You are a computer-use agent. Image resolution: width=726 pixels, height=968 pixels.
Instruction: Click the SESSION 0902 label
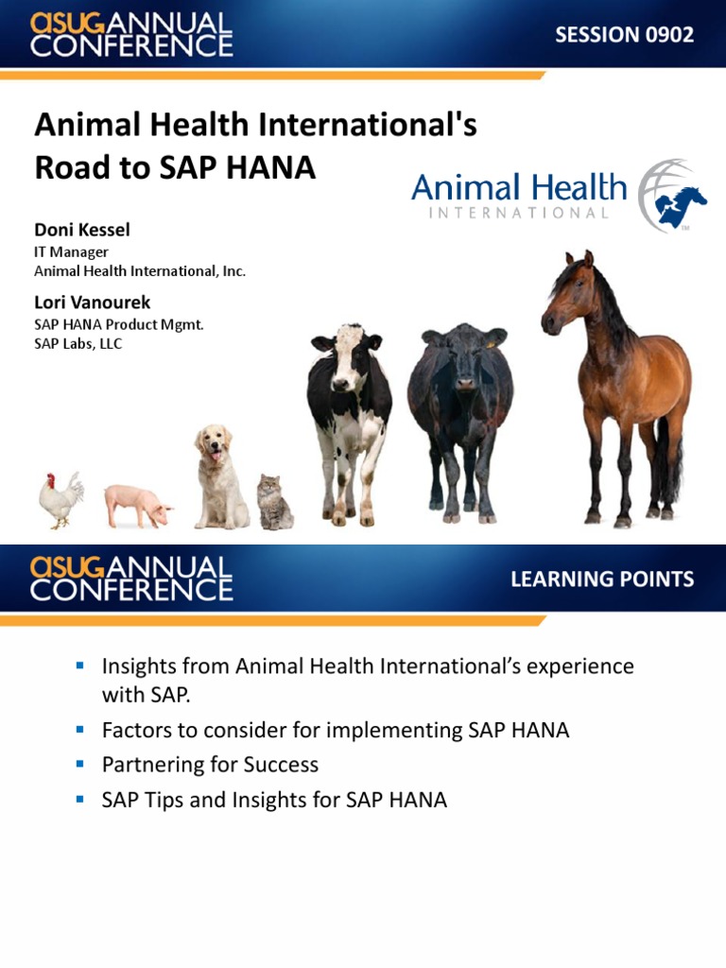(x=624, y=35)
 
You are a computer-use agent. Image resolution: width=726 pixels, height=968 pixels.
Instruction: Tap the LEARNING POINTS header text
(x=602, y=579)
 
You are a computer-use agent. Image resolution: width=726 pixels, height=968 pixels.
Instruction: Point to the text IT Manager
(x=71, y=251)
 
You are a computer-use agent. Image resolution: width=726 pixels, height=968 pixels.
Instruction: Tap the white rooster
(x=60, y=499)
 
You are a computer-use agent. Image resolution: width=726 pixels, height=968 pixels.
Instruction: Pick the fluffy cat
(x=274, y=503)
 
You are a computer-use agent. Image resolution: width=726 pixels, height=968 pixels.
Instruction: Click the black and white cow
(x=348, y=416)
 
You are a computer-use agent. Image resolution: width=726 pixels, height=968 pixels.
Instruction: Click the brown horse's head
(x=568, y=288)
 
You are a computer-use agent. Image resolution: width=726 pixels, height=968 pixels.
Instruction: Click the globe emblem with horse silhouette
(x=671, y=196)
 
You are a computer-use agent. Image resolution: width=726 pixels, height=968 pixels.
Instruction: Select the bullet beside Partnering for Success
(x=80, y=763)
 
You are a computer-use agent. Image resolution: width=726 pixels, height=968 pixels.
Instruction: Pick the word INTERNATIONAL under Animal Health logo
(x=519, y=213)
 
